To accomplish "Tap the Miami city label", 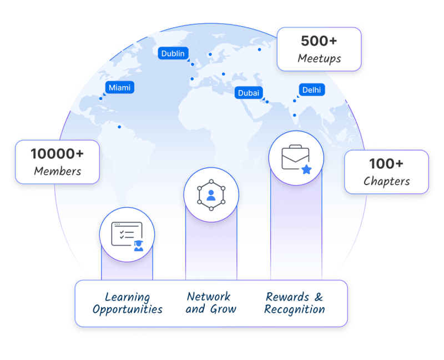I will pos(119,88).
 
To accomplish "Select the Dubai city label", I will pos(248,93).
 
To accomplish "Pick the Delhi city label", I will pos(311,90).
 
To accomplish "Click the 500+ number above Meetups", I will pos(319,41).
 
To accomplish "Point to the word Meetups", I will pos(319,58).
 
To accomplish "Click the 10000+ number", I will pos(57,154).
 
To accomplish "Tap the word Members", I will pos(57,171).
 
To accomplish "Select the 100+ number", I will pos(386,164).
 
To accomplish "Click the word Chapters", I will pos(386,181).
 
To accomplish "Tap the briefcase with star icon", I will pos(296,158).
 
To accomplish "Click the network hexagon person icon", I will pos(211,195).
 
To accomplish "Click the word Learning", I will pos(127,297).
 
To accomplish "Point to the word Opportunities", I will pos(127,310).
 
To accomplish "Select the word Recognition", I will pos(295,309).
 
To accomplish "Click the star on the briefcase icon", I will pos(306,169).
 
